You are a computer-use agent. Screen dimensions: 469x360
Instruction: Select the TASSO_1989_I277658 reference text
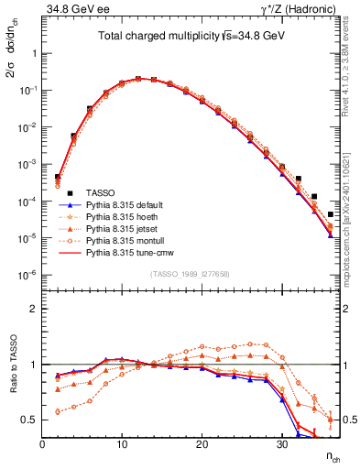[x=190, y=275]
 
